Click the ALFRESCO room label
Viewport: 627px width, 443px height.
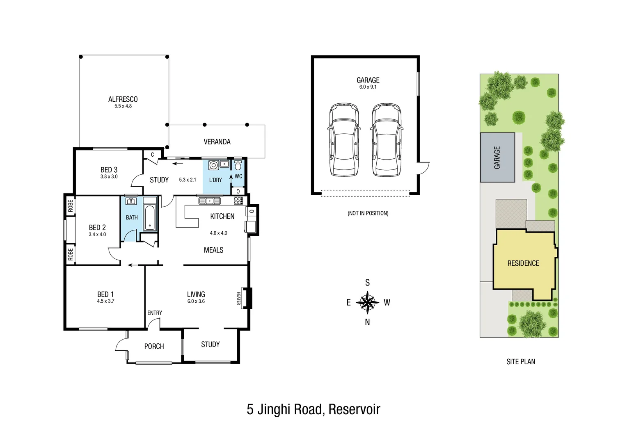click(123, 99)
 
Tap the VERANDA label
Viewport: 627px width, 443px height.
click(217, 142)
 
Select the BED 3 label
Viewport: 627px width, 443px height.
click(109, 170)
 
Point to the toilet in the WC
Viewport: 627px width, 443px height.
click(238, 165)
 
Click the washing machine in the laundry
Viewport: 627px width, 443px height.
click(213, 165)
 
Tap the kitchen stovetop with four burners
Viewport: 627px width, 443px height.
click(238, 201)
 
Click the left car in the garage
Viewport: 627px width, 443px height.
click(344, 140)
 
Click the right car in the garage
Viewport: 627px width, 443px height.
click(387, 140)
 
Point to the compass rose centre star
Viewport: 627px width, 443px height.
click(367, 303)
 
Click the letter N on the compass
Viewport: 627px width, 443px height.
click(367, 322)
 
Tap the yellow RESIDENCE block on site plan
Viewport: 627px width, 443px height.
click(523, 263)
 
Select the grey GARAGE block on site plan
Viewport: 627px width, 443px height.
click(497, 158)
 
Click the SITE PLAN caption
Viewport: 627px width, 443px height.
click(521, 362)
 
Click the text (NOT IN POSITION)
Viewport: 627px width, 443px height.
click(368, 213)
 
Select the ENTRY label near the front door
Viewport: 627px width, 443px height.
click(155, 313)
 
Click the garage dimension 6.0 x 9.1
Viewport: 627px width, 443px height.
click(368, 87)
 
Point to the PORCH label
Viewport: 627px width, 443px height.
click(154, 347)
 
